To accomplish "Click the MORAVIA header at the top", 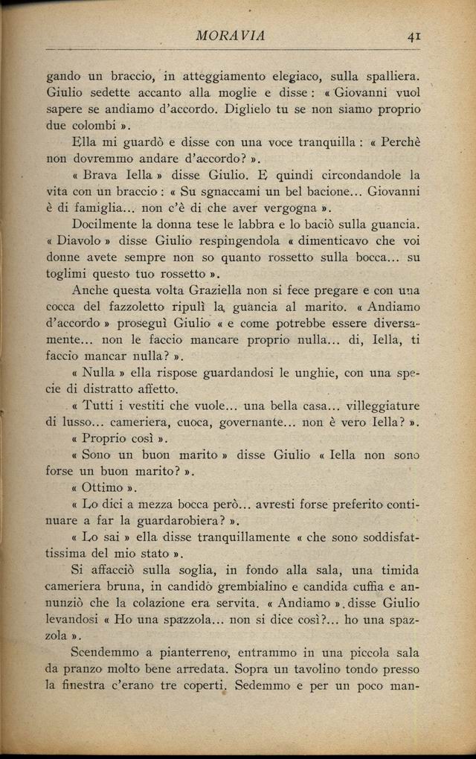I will point(231,35).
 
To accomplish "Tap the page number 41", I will point(414,35).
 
